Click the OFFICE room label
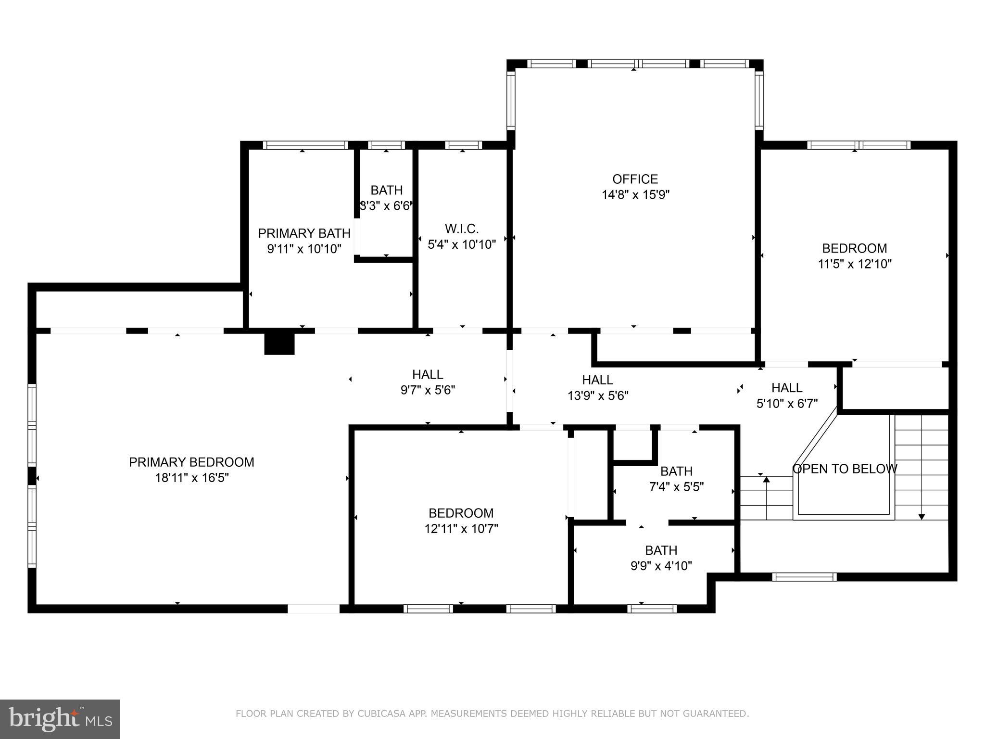[x=635, y=179]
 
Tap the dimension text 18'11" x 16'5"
[x=191, y=478]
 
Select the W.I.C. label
[x=462, y=229]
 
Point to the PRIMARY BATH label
[x=304, y=233]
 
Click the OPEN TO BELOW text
[x=845, y=469]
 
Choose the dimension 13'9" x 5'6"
[x=598, y=395]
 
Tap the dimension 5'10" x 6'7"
[x=787, y=403]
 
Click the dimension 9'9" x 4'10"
[x=661, y=566]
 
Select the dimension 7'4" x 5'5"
[x=676, y=487]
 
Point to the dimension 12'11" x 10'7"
[x=461, y=529]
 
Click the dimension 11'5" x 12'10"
[x=855, y=264]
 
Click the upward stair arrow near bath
[x=767, y=480]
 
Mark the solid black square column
[x=279, y=344]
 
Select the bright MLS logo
[x=60, y=719]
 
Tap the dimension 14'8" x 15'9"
[x=635, y=195]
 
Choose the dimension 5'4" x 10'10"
[x=462, y=244]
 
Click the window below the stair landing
[x=804, y=577]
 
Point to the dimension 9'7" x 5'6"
[x=428, y=390]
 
